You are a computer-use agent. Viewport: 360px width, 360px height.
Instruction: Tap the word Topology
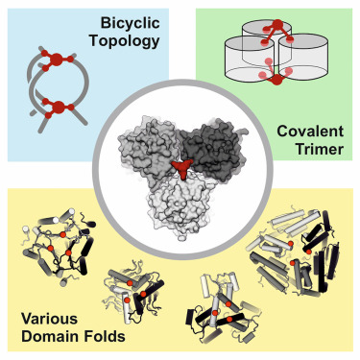[x=125, y=41]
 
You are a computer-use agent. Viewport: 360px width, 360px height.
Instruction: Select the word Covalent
[x=310, y=132]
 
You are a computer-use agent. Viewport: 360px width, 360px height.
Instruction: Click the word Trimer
[x=319, y=149]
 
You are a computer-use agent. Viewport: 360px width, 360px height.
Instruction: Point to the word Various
[x=49, y=319]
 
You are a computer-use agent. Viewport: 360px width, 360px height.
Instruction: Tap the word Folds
[x=104, y=336]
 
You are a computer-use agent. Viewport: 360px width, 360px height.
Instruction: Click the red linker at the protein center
[x=181, y=168]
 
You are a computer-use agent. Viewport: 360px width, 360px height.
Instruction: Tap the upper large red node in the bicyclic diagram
[x=57, y=60]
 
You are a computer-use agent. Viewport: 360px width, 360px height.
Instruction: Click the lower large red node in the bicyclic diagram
[x=59, y=108]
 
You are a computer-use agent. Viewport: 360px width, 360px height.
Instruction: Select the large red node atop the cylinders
[x=277, y=24]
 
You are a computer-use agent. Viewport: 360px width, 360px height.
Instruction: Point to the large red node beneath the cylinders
[x=276, y=80]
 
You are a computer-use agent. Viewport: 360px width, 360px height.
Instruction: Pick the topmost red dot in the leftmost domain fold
[x=63, y=235]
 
